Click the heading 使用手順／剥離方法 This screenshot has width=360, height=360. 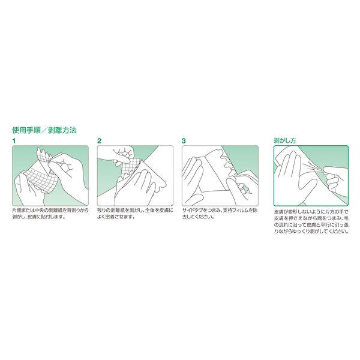[x=44, y=130]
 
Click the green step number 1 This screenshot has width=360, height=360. [x=14, y=141]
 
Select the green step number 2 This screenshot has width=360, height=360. [x=99, y=141]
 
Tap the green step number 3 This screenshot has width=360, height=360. [x=184, y=141]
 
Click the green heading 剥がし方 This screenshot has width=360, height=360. [x=284, y=140]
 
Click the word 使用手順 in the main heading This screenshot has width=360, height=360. [x=26, y=130]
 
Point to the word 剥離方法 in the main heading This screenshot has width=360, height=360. [x=62, y=130]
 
